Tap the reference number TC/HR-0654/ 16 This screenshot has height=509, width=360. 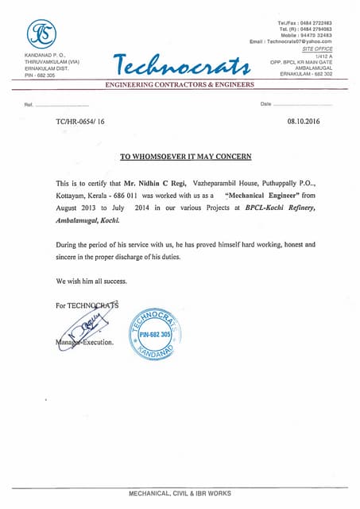coord(80,123)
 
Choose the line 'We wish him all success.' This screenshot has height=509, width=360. coord(91,282)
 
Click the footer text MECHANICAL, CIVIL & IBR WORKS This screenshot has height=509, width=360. coord(180,493)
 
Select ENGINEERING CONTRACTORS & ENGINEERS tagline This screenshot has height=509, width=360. coord(180,84)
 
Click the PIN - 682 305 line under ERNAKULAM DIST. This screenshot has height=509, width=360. coord(41,76)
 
